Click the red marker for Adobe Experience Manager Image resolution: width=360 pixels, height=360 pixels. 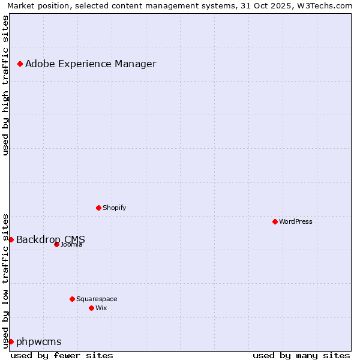point(20,64)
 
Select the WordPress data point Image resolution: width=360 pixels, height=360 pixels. point(275,221)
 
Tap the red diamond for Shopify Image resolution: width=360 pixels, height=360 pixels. point(98,208)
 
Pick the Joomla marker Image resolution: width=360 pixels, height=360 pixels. point(56,244)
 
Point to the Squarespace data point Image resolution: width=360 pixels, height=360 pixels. point(72,299)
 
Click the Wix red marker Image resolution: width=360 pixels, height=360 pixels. point(91,308)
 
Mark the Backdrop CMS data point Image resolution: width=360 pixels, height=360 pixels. point(11,239)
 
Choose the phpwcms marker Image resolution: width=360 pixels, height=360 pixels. point(11,341)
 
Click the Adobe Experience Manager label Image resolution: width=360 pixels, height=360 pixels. point(91,64)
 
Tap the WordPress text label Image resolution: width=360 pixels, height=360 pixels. point(296,221)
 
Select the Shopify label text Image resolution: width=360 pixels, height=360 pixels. point(114,208)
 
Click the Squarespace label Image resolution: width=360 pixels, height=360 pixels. point(97,299)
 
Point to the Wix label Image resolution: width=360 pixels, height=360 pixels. point(101,308)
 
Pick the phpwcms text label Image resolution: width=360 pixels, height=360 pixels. point(38,341)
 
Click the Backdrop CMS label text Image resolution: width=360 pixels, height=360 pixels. point(50,239)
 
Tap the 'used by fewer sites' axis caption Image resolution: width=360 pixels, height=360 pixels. point(62,355)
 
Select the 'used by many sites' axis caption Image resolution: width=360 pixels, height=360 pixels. point(301,355)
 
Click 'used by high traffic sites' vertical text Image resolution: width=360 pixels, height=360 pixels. point(5,85)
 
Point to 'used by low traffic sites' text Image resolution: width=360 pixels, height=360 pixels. point(5,280)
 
